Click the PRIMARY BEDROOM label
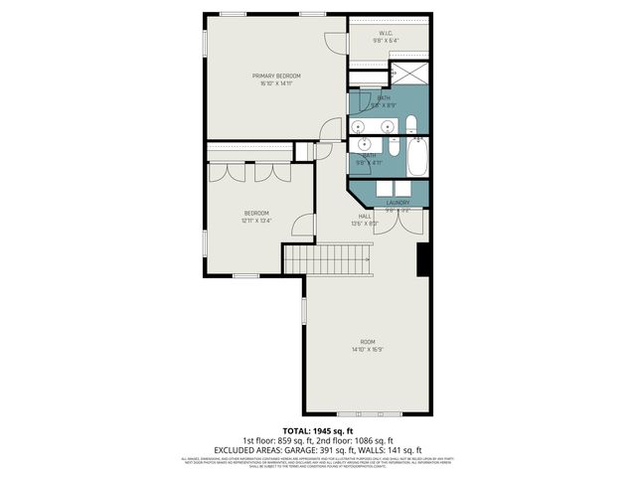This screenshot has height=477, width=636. coord(275,76)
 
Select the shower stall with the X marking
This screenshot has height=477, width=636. coord(408,76)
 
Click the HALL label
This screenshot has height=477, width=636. coord(366,216)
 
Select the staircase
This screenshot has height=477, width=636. coord(327,259)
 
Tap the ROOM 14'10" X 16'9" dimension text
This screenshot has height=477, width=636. coord(367,349)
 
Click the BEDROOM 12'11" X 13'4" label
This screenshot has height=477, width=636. coord(256,217)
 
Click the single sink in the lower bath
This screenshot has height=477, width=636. coord(362,143)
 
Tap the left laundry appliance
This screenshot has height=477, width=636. coord(376,188)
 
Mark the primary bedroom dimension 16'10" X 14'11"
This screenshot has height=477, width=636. coord(275,83)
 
